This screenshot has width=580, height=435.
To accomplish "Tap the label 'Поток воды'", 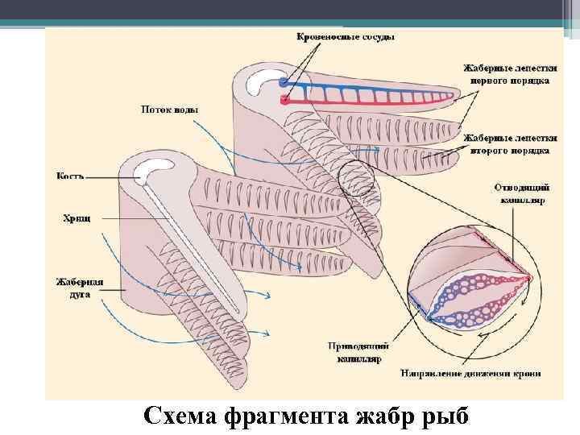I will [169, 109].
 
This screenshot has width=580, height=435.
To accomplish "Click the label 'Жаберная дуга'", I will [79, 288].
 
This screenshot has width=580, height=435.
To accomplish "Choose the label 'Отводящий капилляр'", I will [519, 193].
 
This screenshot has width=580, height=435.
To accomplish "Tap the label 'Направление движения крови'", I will [470, 372].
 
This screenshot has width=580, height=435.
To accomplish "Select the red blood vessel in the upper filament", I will [362, 101].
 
